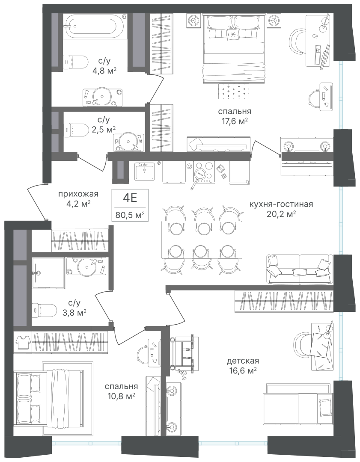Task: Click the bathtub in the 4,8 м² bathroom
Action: pos(96,27)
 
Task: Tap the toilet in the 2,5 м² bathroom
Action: pos(76,130)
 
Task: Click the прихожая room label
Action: pos(78,194)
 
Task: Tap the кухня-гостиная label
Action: pos(281,204)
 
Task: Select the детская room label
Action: pos(243,361)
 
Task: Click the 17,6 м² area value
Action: pos(235,121)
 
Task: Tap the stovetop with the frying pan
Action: pos(203,172)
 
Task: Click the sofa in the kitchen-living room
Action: pos(299,269)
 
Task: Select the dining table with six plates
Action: pos(202,240)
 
